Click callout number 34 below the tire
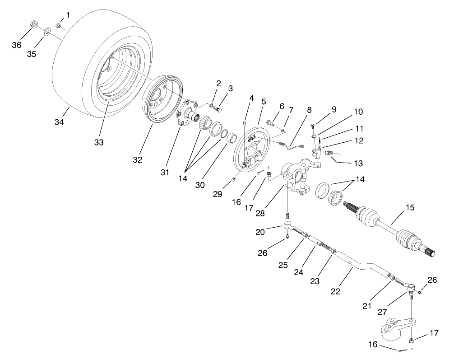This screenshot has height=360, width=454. (60, 122)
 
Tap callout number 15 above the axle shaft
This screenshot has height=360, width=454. (409, 208)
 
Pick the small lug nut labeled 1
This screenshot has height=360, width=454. (59, 25)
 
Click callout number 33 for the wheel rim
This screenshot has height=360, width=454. (99, 142)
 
